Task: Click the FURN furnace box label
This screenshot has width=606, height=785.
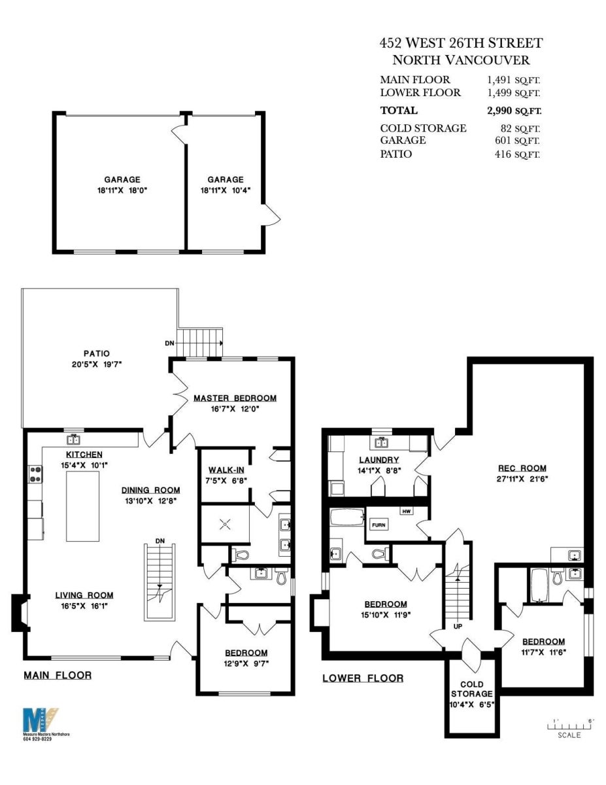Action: click(x=379, y=525)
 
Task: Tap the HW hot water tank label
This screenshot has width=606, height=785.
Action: click(x=406, y=511)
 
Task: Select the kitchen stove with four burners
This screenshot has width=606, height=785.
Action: click(x=35, y=474)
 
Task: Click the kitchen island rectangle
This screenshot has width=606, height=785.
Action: click(x=82, y=506)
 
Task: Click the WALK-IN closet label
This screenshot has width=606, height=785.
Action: click(x=226, y=470)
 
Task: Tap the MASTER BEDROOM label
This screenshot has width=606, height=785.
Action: click(x=235, y=398)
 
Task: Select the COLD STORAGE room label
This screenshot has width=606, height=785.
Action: click(x=471, y=689)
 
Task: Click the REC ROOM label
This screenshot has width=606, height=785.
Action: click(x=522, y=468)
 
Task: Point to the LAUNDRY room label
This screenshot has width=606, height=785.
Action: click(x=379, y=460)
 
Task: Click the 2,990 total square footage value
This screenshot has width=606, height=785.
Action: click(x=499, y=111)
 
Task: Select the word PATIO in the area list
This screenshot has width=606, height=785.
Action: click(x=396, y=154)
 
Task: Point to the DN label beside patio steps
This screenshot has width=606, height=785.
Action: click(x=169, y=343)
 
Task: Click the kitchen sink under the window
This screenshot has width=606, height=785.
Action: click(x=74, y=440)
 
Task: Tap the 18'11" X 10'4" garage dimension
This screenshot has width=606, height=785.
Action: click(x=226, y=190)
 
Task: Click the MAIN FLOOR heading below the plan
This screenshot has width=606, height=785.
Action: click(x=58, y=675)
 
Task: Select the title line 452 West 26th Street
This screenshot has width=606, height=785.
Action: click(x=462, y=43)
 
